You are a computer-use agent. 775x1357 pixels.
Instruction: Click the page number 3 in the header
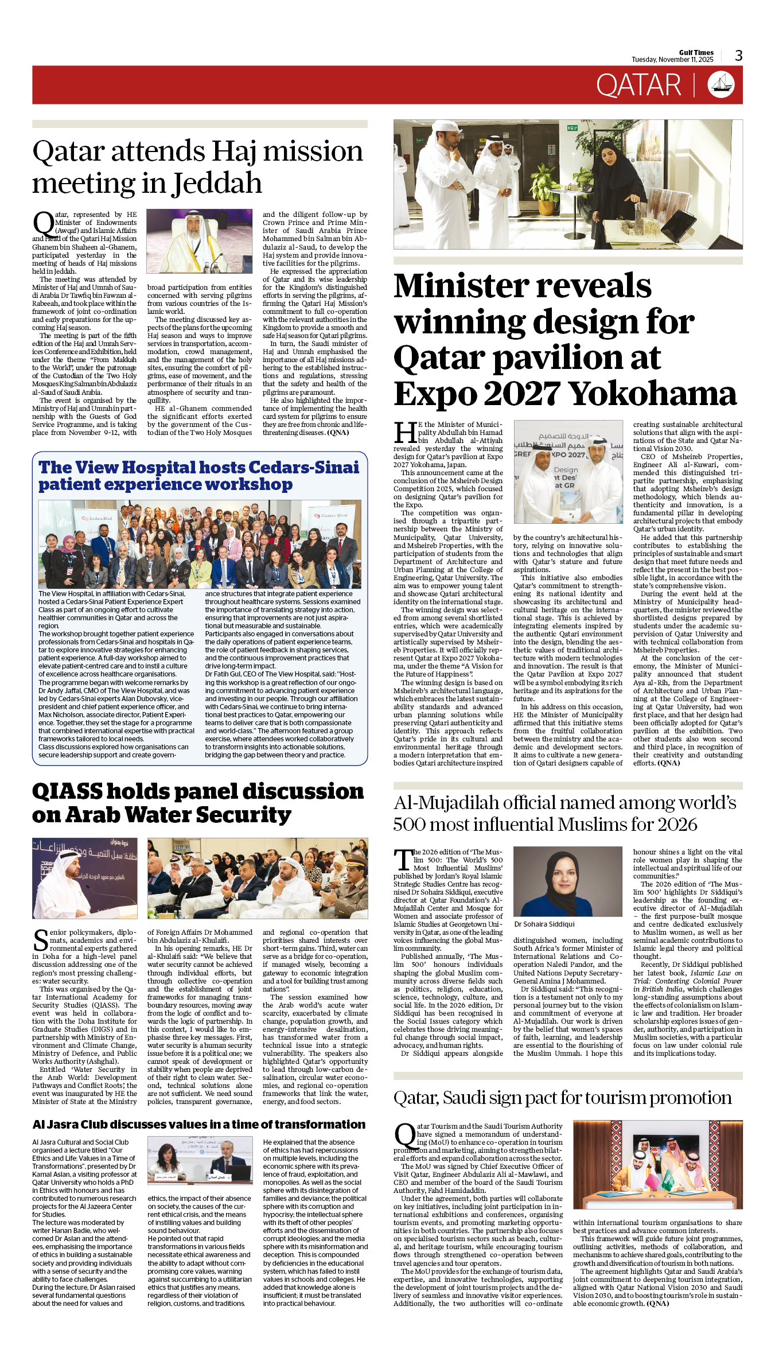tap(738, 55)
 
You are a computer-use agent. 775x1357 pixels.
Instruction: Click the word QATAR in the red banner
tap(638, 85)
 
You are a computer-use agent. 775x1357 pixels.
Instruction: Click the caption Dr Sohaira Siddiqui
tap(544, 924)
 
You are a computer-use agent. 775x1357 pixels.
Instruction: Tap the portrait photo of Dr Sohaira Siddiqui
tap(567, 882)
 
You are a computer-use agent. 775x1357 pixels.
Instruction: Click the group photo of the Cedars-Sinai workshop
tap(200, 544)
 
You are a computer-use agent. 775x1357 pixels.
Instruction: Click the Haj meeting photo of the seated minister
tap(200, 241)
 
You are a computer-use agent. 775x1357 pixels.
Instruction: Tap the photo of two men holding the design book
tap(568, 472)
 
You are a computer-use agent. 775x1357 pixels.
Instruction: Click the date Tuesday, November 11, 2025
tap(672, 60)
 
